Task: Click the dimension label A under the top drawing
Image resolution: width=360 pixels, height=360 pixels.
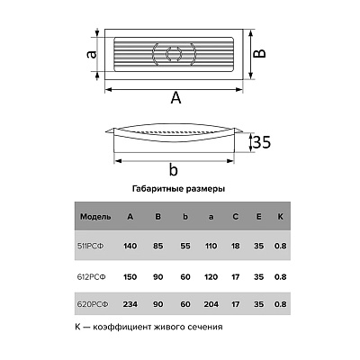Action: pyautogui.click(x=175, y=98)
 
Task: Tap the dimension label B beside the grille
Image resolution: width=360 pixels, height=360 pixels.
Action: pyautogui.click(x=259, y=53)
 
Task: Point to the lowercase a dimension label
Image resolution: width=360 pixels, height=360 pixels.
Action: pyautogui.click(x=92, y=54)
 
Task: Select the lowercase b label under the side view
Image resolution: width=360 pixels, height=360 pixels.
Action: pyautogui.click(x=174, y=169)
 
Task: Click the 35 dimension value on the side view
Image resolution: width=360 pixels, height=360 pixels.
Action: pyautogui.click(x=262, y=142)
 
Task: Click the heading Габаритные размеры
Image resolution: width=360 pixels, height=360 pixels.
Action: pyautogui.click(x=178, y=189)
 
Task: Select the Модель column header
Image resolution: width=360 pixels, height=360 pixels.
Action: pyautogui.click(x=95, y=217)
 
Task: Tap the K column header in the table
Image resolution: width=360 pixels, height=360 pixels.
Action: pyautogui.click(x=280, y=217)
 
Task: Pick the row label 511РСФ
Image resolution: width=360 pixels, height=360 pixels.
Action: pyautogui.click(x=91, y=247)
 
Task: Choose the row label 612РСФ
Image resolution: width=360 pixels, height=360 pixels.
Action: pyautogui.click(x=92, y=277)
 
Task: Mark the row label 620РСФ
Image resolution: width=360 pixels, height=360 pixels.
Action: pyautogui.click(x=93, y=304)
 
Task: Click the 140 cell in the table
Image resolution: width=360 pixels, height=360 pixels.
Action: pyautogui.click(x=130, y=247)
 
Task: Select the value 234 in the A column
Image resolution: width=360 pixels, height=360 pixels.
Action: pyautogui.click(x=130, y=304)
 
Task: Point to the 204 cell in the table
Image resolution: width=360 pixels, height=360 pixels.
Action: pyautogui.click(x=211, y=304)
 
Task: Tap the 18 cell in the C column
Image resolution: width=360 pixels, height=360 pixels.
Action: pyautogui.click(x=236, y=247)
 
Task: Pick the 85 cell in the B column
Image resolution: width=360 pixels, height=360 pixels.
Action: pyautogui.click(x=158, y=247)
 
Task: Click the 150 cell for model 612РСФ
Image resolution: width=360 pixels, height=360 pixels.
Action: pyautogui.click(x=130, y=277)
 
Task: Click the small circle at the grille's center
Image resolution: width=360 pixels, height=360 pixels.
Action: pyautogui.click(x=174, y=54)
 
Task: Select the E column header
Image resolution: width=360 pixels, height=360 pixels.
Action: pyautogui.click(x=258, y=217)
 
